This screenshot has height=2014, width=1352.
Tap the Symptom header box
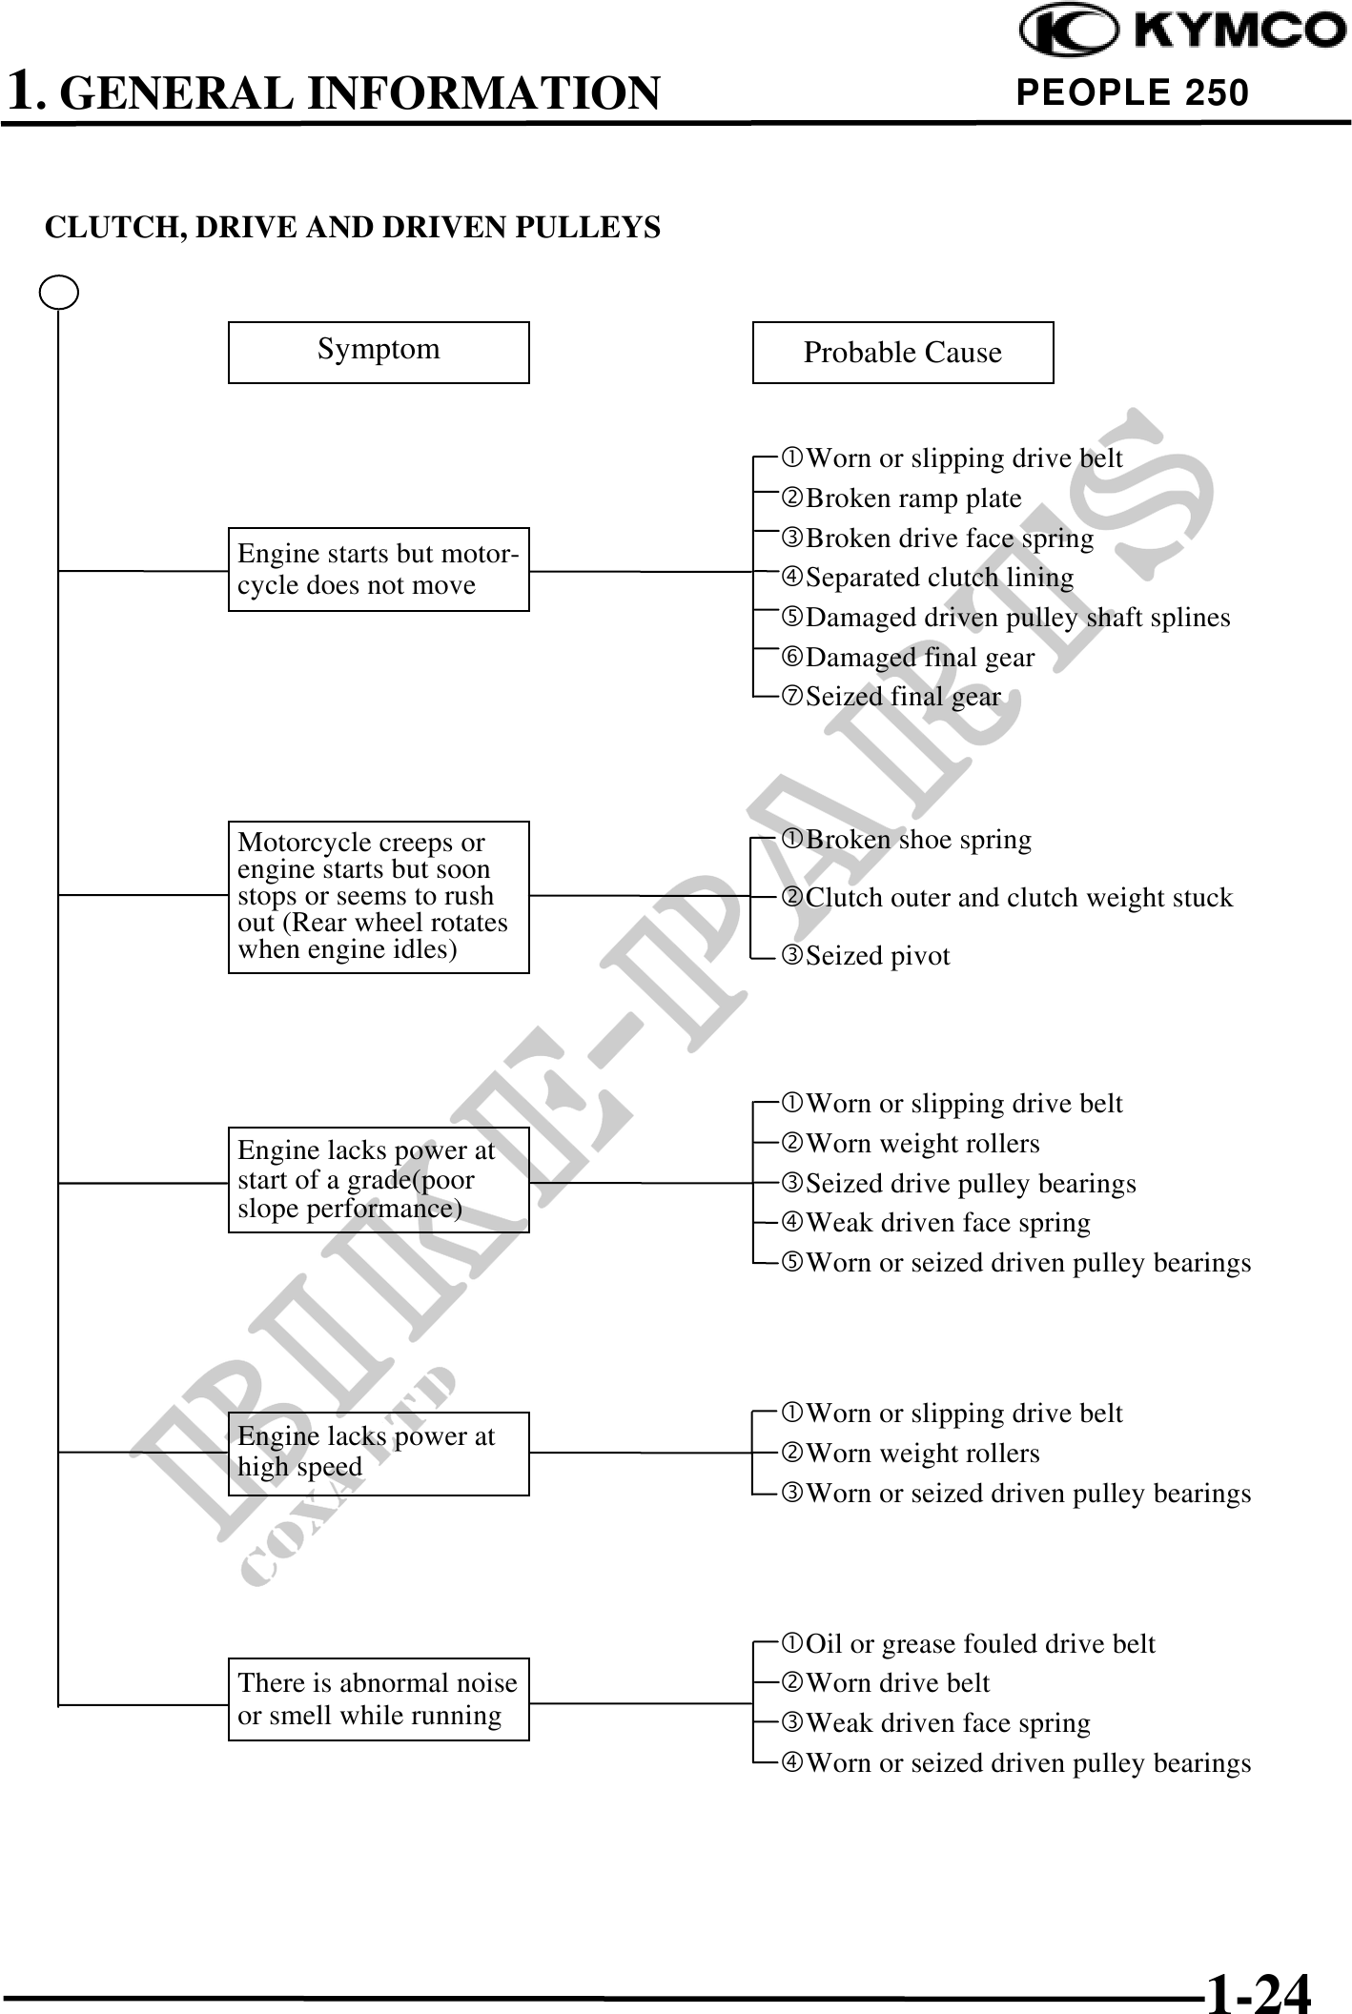point(379,352)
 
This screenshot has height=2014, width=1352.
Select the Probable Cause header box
point(902,352)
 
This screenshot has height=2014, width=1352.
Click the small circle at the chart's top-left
point(59,293)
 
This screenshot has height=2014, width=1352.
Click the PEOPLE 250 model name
point(1132,92)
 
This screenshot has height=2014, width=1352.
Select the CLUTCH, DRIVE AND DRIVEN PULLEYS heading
point(353,228)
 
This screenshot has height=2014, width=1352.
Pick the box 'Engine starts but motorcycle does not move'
point(379,569)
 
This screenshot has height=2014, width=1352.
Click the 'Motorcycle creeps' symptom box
point(379,896)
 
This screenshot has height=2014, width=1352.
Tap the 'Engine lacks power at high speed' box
point(379,1453)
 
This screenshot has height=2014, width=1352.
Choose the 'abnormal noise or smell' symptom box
point(379,1699)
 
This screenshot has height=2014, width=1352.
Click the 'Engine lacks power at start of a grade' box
point(379,1179)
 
